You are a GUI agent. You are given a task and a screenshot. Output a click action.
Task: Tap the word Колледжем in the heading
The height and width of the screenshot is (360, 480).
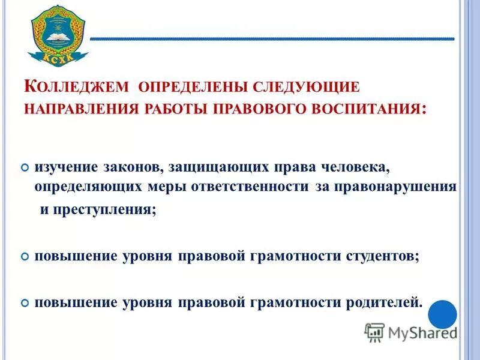[x=76, y=86]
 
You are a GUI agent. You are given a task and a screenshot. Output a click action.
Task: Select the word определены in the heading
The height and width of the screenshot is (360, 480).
[x=189, y=86]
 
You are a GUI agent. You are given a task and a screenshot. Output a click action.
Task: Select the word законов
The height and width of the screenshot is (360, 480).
[x=128, y=166]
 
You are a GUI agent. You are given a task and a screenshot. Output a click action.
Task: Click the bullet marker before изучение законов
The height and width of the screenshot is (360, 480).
[x=25, y=166]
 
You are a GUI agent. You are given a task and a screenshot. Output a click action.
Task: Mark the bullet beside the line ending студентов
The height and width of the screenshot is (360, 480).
[x=25, y=256]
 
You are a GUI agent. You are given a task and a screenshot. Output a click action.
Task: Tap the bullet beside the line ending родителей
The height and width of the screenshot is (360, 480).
[x=25, y=302]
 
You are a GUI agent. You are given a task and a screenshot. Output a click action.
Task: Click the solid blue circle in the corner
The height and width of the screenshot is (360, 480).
[x=443, y=314]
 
